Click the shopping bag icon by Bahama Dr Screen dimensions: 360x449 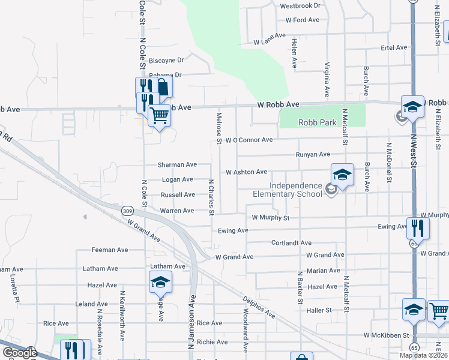[162, 86]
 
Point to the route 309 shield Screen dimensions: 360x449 [127, 211]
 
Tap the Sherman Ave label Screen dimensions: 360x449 [177, 164]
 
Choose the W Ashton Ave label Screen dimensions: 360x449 [246, 172]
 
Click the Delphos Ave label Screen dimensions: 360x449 [259, 307]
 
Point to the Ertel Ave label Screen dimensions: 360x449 [394, 47]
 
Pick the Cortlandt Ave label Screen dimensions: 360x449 [291, 243]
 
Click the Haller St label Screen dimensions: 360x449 [319, 310]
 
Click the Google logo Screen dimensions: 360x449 [19, 352]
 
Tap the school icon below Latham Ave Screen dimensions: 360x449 [161, 281]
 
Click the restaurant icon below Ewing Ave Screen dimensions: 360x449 [418, 227]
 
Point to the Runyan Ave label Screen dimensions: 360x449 [313, 155]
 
